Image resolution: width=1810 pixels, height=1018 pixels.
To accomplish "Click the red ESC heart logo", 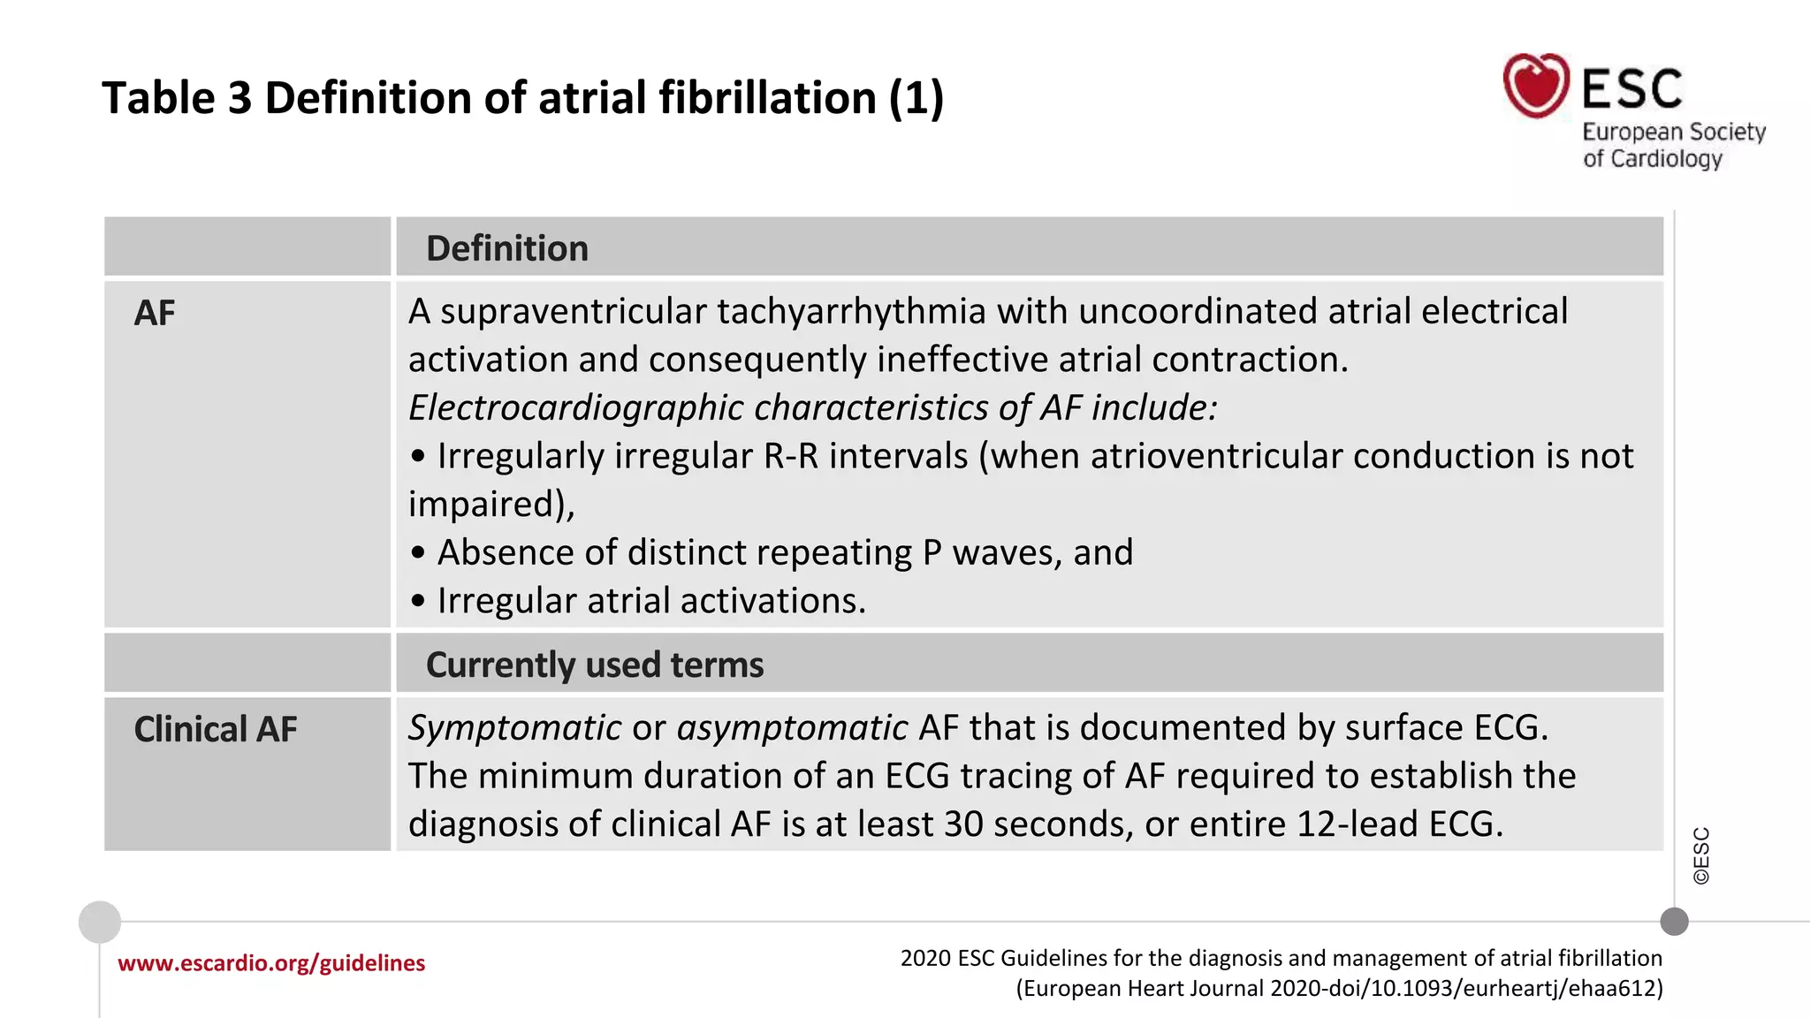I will tap(1536, 86).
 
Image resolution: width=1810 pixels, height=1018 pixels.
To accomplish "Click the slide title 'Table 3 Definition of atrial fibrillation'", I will tap(522, 97).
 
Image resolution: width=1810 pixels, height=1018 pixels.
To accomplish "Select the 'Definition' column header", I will tap(506, 248).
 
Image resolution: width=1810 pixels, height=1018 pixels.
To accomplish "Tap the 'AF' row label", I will tap(155, 313).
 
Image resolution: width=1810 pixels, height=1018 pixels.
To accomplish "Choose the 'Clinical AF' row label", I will tap(215, 729).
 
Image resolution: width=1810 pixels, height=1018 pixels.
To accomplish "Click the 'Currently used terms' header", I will tap(594, 665).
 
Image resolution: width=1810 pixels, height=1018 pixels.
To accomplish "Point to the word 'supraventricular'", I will tap(574, 312).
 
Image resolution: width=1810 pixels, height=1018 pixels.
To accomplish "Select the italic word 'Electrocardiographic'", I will tap(575, 407).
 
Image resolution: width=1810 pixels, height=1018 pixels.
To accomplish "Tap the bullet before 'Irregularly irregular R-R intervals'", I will tap(418, 457).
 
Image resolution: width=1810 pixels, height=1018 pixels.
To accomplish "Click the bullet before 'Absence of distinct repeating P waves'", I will tap(418, 553).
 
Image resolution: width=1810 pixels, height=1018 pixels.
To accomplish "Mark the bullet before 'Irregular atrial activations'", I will tap(418, 602).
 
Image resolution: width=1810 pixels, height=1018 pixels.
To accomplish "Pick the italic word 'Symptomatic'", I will tap(514, 728).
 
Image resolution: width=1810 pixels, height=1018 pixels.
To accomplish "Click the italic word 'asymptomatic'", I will tap(792, 728).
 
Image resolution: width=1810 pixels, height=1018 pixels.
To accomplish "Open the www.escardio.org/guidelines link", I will tap(271, 963).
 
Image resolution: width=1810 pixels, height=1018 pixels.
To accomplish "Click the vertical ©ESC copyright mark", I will tap(1701, 855).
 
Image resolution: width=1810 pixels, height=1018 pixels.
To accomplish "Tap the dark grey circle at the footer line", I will tap(1674, 922).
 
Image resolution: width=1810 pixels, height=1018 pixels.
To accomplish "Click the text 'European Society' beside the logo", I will tap(1674, 132).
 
